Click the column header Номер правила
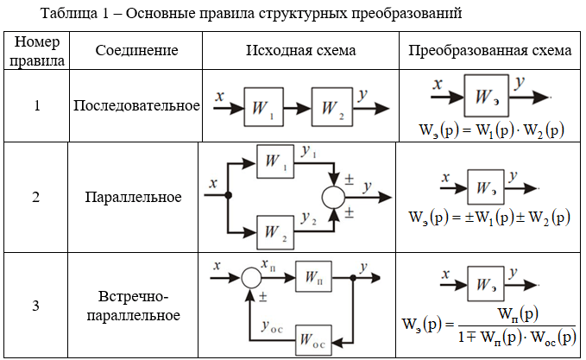[x=35, y=51]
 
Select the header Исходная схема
[x=299, y=51]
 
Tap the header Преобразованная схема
[x=489, y=51]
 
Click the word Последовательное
[x=136, y=106]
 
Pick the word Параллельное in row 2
[x=133, y=197]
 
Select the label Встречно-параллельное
[x=133, y=306]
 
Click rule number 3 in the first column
[x=35, y=306]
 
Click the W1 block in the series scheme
[x=263, y=107]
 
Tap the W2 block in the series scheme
[x=331, y=107]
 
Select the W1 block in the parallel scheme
[x=276, y=161]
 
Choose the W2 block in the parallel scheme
[x=276, y=231]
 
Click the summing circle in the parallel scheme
[x=333, y=196]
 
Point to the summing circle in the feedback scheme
[x=250, y=278]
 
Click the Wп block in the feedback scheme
[x=315, y=278]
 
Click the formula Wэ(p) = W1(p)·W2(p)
[x=488, y=131]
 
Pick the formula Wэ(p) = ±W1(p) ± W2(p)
[x=489, y=218]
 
